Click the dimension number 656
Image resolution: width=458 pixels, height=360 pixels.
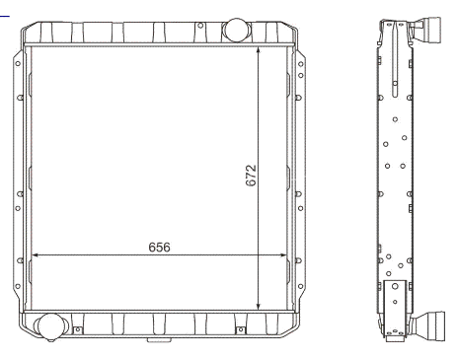point(159,248)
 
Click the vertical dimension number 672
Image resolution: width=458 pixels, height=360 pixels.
point(251,176)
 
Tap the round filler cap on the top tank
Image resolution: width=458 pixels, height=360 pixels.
point(236,30)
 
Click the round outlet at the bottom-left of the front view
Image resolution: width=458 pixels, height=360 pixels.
point(50,326)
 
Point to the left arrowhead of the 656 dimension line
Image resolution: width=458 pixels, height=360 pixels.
point(35,254)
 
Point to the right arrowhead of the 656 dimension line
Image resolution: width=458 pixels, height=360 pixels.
point(282,254)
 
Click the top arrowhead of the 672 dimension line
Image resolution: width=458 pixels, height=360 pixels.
point(259,50)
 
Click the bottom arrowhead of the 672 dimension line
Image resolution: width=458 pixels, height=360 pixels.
point(259,306)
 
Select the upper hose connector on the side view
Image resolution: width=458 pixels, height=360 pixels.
point(426,29)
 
